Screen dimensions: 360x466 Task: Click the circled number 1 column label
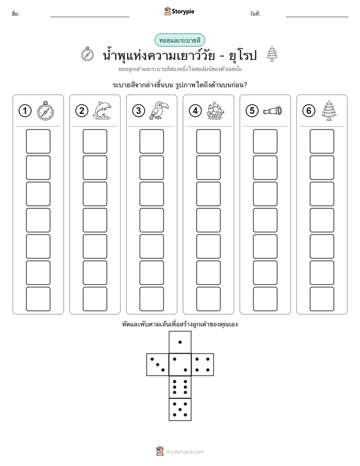(x=25, y=111)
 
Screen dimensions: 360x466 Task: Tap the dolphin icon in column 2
(x=102, y=110)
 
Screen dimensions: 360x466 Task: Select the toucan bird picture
(x=159, y=110)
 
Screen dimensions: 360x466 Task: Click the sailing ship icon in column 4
(x=215, y=110)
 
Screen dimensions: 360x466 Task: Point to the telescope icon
(x=272, y=110)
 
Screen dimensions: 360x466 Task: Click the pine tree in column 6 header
(x=329, y=110)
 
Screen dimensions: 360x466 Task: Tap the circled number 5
(x=252, y=111)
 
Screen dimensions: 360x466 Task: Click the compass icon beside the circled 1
(x=45, y=110)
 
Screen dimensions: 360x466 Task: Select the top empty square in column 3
(x=151, y=141)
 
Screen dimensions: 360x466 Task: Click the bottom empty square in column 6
(x=322, y=299)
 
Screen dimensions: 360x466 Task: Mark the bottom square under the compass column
(x=38, y=299)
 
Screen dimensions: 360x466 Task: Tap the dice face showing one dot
(x=180, y=342)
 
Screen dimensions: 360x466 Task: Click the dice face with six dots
(x=180, y=387)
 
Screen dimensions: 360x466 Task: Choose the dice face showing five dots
(x=180, y=410)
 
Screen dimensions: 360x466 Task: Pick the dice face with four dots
(x=203, y=365)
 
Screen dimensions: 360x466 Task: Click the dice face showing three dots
(x=158, y=365)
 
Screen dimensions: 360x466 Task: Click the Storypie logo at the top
(x=179, y=11)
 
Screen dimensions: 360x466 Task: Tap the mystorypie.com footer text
(x=185, y=452)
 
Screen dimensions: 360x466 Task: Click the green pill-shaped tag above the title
(x=179, y=40)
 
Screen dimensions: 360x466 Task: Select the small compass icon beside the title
(x=87, y=54)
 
